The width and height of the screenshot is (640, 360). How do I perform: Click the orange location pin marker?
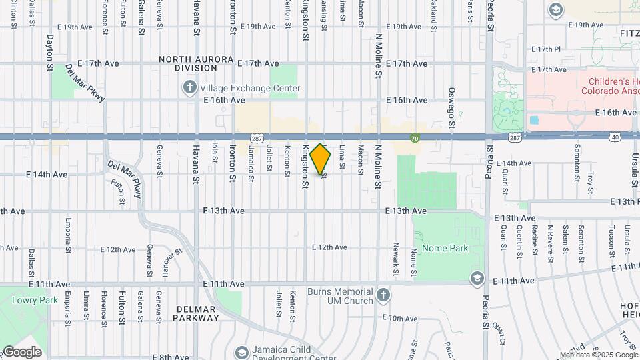(321, 159)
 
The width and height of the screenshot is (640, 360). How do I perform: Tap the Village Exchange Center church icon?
(190, 88)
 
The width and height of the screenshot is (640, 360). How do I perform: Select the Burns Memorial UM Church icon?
(383, 295)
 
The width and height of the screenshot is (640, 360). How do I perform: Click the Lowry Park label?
(26, 300)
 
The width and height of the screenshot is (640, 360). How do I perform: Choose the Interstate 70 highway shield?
(415, 137)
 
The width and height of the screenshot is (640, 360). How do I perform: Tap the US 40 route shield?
(614, 137)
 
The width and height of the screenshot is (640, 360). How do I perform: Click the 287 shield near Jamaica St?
(256, 137)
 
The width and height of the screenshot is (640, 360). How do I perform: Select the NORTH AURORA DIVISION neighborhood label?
(187, 63)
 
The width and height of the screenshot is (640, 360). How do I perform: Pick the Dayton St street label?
(50, 53)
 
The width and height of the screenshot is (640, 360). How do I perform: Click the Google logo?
(21, 352)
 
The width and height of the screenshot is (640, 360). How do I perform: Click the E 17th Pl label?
(547, 50)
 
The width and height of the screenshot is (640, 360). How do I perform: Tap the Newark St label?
(396, 264)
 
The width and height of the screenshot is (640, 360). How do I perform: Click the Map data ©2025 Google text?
(598, 355)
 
